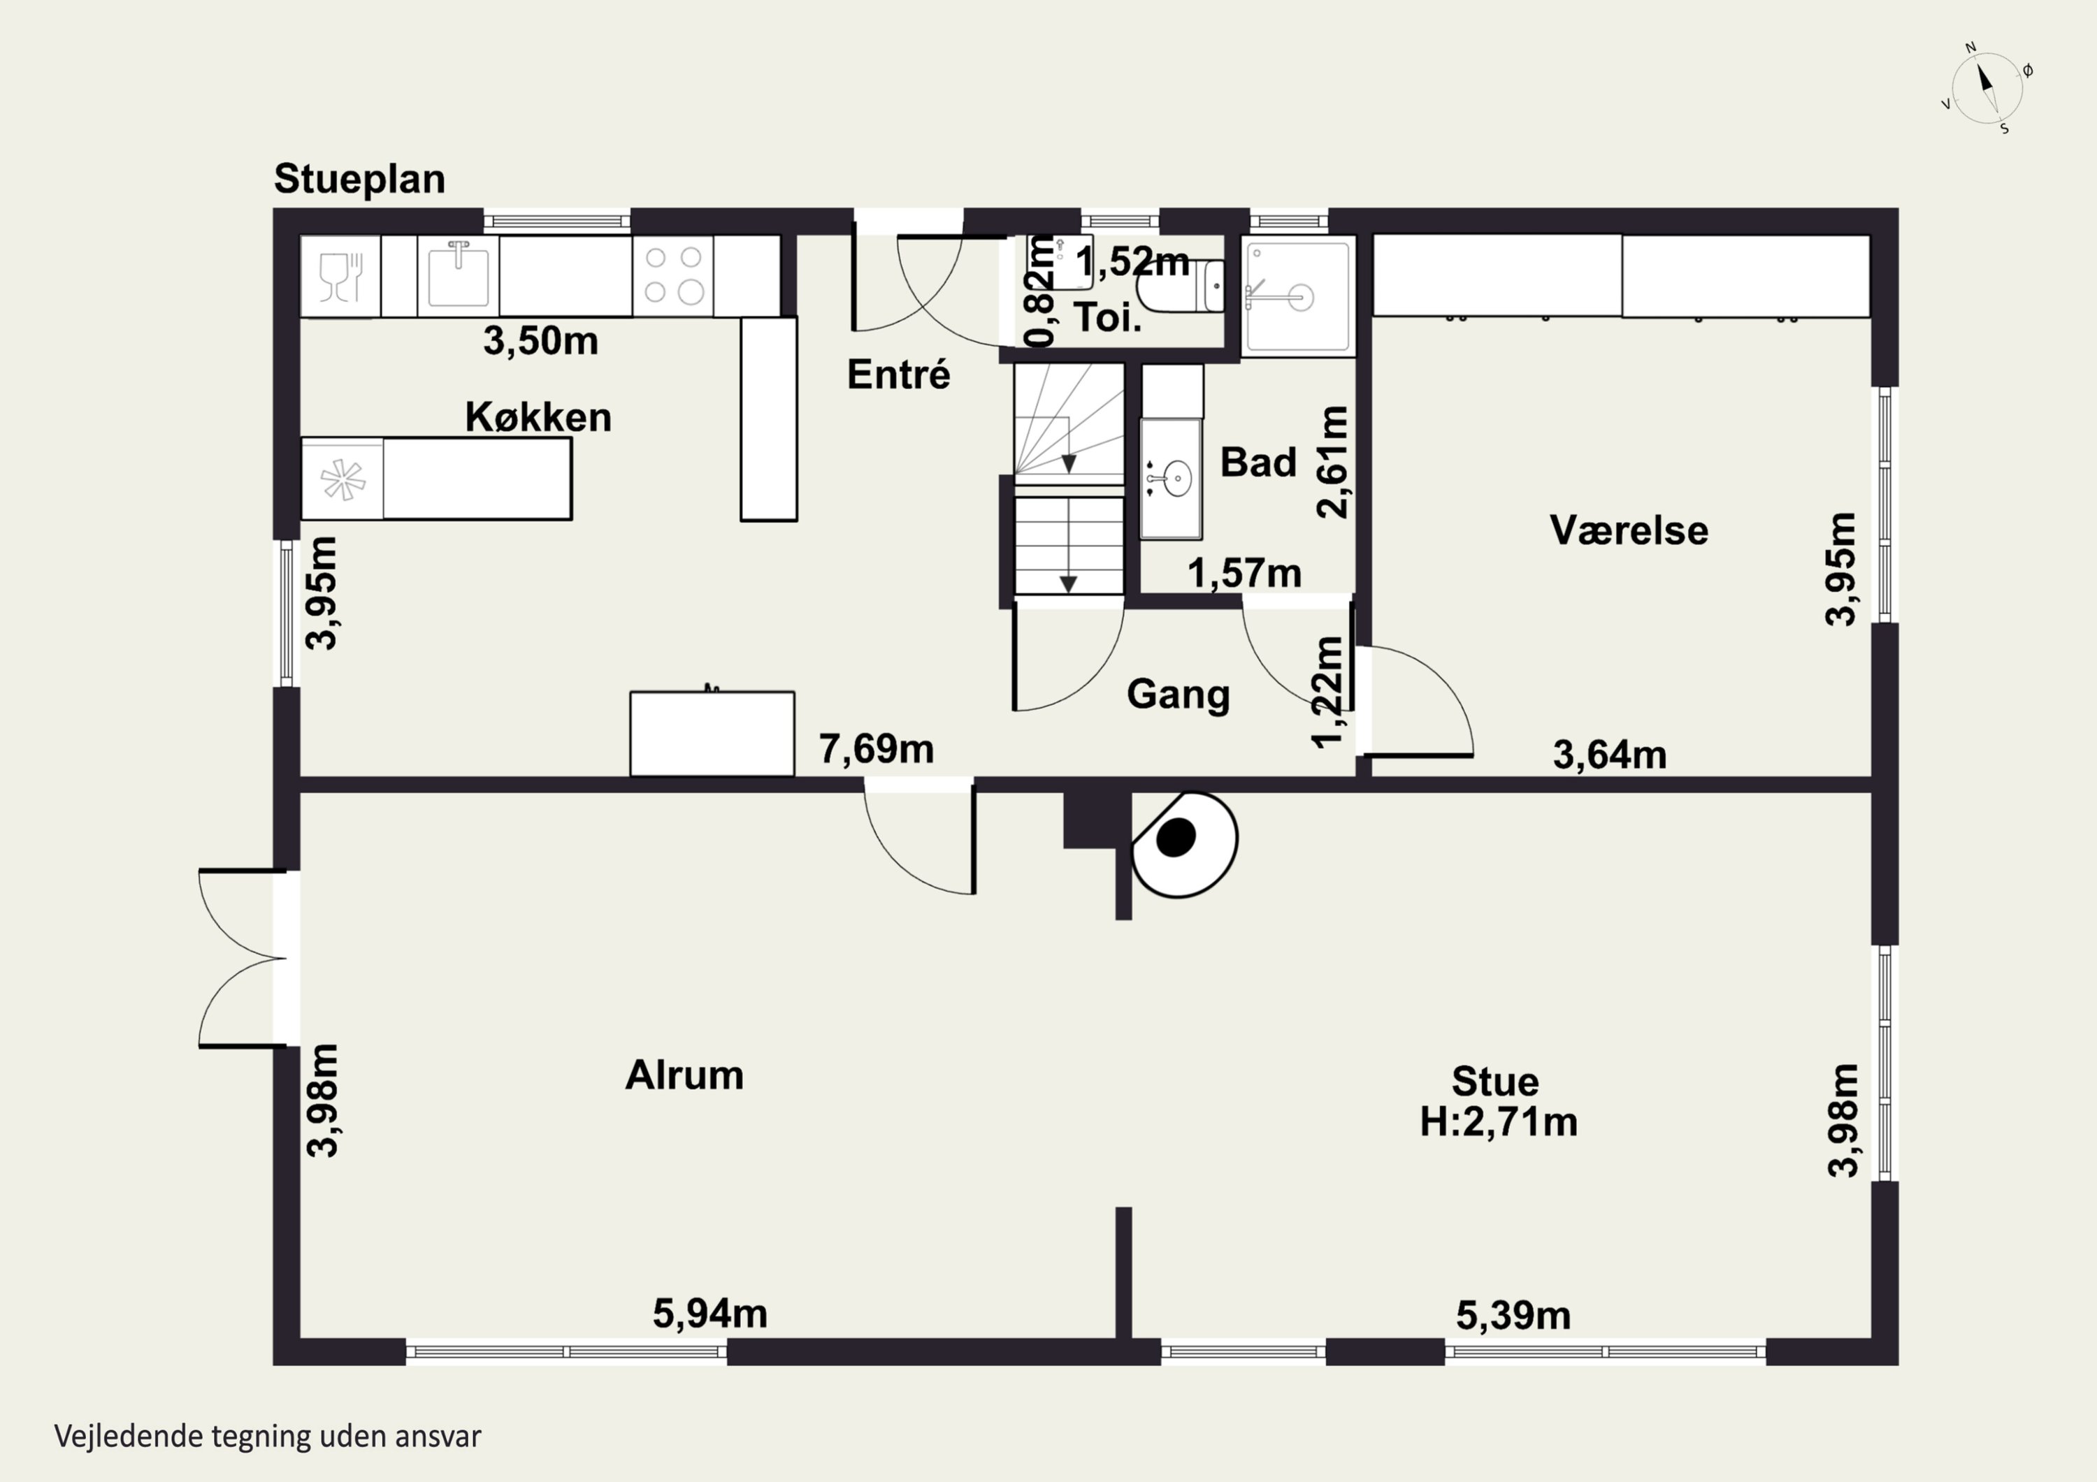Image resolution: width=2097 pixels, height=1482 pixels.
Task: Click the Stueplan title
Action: pyautogui.click(x=359, y=179)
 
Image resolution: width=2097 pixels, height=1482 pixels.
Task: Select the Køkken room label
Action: pyautogui.click(x=538, y=416)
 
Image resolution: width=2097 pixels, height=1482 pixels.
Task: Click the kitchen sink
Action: pyautogui.click(x=459, y=275)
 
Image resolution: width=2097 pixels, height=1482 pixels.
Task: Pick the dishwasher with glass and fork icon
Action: pyautogui.click(x=340, y=276)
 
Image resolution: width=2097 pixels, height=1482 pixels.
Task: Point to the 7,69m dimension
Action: pyautogui.click(x=876, y=749)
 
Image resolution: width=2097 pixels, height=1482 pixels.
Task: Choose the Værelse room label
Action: pyautogui.click(x=1629, y=530)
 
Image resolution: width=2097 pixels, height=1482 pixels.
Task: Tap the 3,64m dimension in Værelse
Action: pyautogui.click(x=1609, y=755)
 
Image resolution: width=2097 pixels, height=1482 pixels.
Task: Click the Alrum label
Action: pyautogui.click(x=684, y=1075)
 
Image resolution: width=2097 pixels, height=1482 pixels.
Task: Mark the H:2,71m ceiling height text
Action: pyautogui.click(x=1498, y=1122)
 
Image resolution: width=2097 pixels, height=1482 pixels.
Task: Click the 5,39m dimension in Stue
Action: pyautogui.click(x=1513, y=1316)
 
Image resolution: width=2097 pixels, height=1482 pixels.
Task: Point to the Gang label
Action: pyautogui.click(x=1179, y=694)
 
